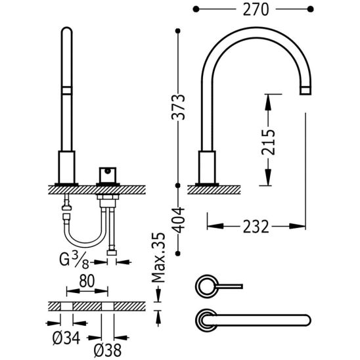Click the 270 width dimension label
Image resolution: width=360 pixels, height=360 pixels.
click(256, 10)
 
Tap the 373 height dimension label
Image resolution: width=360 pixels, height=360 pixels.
click(178, 107)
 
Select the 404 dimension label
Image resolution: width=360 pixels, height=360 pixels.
click(178, 220)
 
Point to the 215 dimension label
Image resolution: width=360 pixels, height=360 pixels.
click(268, 142)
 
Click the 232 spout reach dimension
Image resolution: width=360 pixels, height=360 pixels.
click(256, 227)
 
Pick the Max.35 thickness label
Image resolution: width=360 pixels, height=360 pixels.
click(158, 258)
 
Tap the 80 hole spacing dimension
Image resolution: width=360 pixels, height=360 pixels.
click(87, 281)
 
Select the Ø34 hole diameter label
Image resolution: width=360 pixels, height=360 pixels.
click(66, 338)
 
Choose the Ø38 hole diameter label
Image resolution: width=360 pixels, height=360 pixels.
click(108, 351)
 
